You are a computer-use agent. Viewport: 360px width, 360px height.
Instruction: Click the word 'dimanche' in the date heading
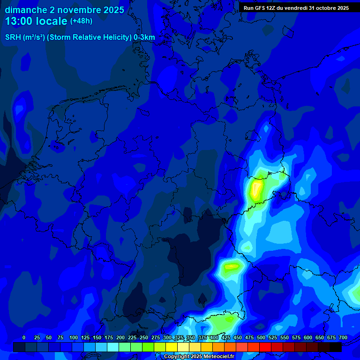pos(25,10)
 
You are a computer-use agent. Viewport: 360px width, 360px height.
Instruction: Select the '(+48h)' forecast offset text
pos(81,21)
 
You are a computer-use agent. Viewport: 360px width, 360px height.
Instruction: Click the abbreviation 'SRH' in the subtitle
pos(13,37)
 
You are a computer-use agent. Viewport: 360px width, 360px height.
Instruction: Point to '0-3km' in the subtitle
pos(144,37)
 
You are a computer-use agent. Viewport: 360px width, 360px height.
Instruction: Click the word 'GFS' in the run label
pos(262,8)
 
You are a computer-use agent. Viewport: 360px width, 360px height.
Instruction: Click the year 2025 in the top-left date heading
pos(114,10)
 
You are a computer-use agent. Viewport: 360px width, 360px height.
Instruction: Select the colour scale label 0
pos(24,338)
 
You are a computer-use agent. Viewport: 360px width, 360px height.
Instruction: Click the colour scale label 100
pos(74,338)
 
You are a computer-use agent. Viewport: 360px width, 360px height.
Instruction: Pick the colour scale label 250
pos(144,338)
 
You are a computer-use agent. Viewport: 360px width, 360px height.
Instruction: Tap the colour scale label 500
pos(261,338)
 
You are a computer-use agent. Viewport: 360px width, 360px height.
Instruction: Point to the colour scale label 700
pos(343,338)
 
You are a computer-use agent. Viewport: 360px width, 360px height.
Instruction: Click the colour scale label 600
pos(308,338)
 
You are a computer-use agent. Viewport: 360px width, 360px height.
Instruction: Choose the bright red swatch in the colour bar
pos(265,347)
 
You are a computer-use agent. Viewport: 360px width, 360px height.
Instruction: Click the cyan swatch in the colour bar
pos(113,347)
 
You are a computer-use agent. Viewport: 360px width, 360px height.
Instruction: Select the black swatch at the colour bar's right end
pos(336,347)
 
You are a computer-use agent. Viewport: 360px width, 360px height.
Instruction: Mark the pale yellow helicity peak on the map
pos(256,190)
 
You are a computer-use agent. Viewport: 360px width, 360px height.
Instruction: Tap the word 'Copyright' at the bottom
pos(177,357)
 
